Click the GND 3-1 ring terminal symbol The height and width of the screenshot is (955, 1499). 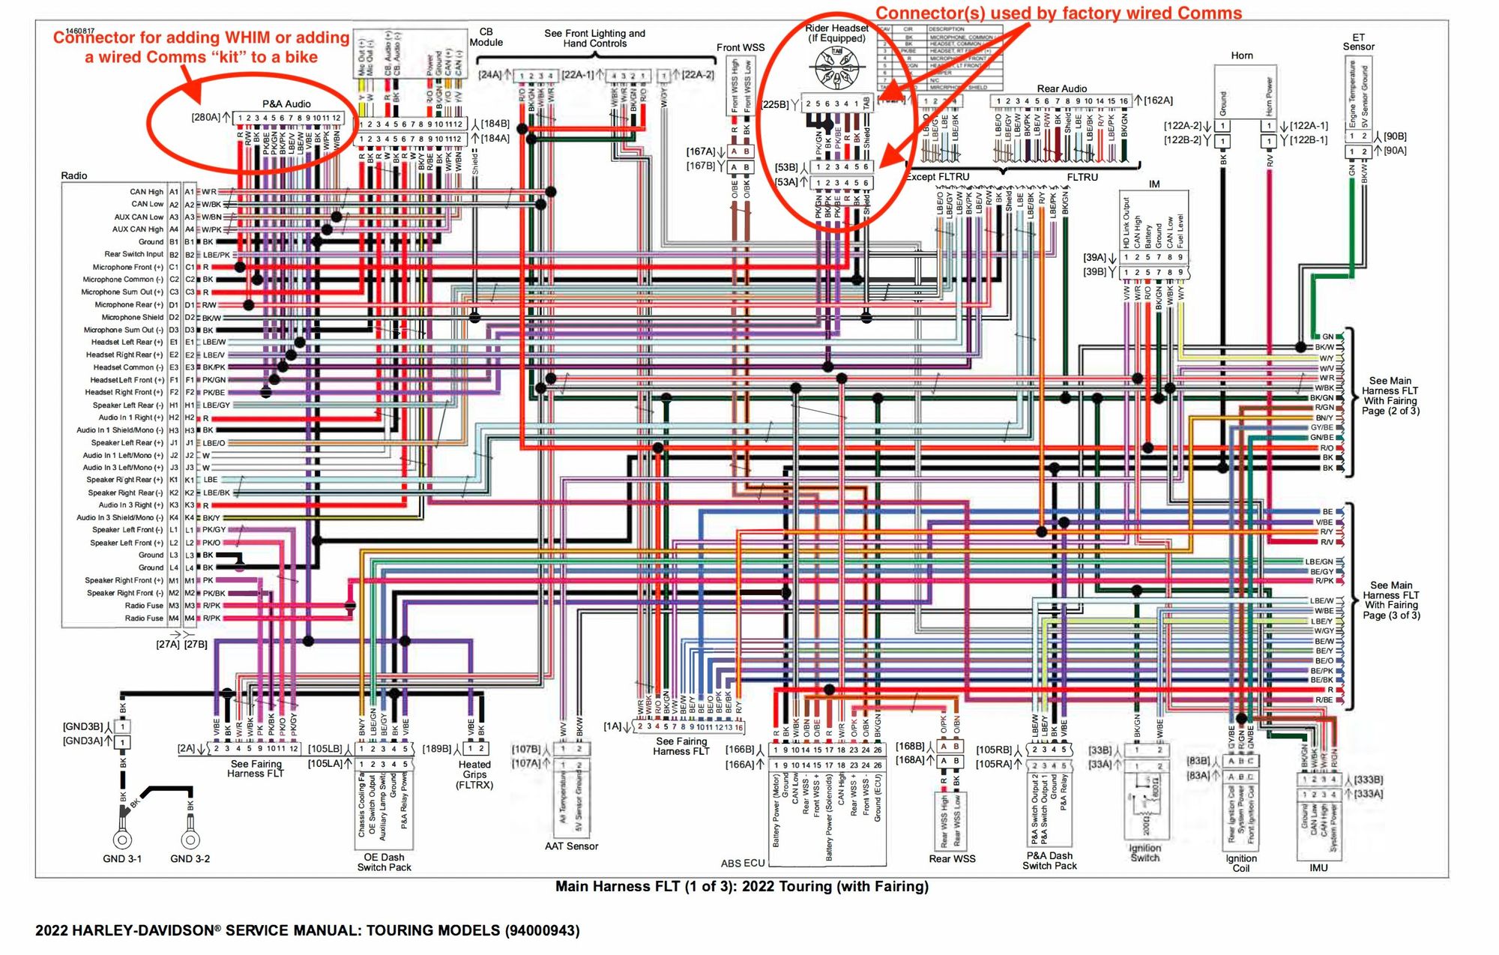coord(122,838)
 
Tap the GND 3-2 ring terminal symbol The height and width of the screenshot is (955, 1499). coord(190,838)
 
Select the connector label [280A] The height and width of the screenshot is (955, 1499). coord(205,117)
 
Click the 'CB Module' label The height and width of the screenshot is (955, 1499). coord(486,37)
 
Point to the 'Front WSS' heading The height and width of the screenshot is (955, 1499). coord(740,47)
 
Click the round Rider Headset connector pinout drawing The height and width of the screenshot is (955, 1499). coord(836,66)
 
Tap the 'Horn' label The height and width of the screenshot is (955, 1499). coord(1241,55)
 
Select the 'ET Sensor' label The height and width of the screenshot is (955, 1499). coord(1358,42)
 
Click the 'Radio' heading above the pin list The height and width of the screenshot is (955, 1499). coord(74,175)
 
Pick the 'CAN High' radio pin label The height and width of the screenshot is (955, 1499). coord(146,192)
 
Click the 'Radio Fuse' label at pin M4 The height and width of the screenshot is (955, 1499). coord(144,618)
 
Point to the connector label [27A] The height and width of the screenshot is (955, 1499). coord(168,644)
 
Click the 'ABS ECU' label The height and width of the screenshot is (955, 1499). coord(742,863)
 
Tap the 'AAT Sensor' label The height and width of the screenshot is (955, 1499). coord(571,846)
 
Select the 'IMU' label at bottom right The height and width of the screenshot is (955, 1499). coord(1318,867)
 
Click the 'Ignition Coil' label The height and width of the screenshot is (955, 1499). coord(1241,864)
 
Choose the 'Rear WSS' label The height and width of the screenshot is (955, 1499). coord(952,858)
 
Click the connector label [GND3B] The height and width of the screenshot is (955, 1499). coord(82,726)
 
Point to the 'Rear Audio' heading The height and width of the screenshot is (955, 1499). coord(1061,88)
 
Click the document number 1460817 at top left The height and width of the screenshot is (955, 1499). coord(80,31)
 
